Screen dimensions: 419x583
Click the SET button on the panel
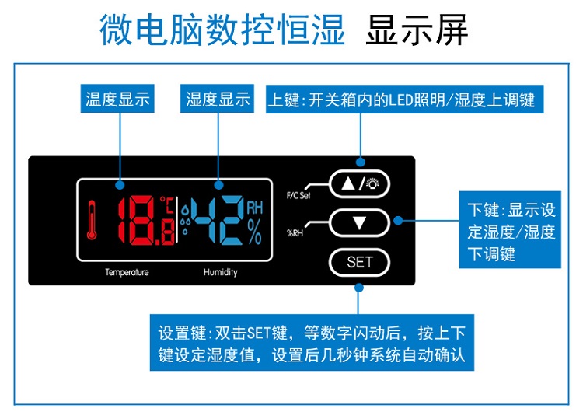click(x=359, y=262)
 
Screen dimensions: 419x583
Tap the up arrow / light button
click(x=359, y=184)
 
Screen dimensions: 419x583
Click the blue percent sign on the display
click(x=255, y=232)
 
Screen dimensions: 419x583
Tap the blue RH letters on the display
click(x=255, y=208)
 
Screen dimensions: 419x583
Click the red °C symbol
click(x=167, y=204)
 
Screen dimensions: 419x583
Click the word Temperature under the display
click(x=127, y=273)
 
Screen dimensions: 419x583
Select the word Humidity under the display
click(x=220, y=273)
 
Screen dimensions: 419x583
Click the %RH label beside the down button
click(x=295, y=231)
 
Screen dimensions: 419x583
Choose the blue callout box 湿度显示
click(x=218, y=100)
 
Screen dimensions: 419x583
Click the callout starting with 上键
click(x=401, y=100)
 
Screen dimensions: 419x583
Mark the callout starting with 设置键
click(x=312, y=344)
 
